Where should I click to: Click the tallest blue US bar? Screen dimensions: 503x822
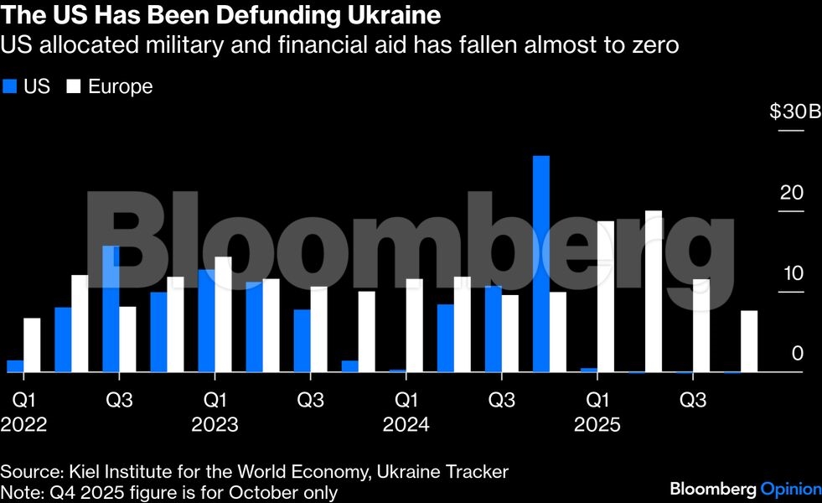pyautogui.click(x=541, y=264)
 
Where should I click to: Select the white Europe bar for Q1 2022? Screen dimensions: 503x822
pyautogui.click(x=32, y=345)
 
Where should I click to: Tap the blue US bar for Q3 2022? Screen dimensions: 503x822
pyautogui.click(x=111, y=309)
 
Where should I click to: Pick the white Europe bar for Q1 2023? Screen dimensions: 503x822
pyautogui.click(x=223, y=314)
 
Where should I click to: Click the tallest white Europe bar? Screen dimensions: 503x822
pyautogui.click(x=654, y=291)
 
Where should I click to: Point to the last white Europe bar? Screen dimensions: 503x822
pyautogui.click(x=749, y=341)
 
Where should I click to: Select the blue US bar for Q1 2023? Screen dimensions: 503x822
pyautogui.click(x=206, y=320)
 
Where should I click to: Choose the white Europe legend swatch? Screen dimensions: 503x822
pyautogui.click(x=73, y=86)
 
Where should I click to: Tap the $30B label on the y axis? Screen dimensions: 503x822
pyautogui.click(x=794, y=112)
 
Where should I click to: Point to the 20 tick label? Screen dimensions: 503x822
pyautogui.click(x=791, y=193)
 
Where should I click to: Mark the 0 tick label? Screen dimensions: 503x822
pyautogui.click(x=797, y=354)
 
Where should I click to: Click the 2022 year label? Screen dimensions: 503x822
pyautogui.click(x=23, y=425)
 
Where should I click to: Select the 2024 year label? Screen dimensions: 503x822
pyautogui.click(x=406, y=425)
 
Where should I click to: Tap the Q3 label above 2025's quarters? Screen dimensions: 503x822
pyautogui.click(x=691, y=400)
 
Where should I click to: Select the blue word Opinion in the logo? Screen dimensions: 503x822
pyautogui.click(x=789, y=488)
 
